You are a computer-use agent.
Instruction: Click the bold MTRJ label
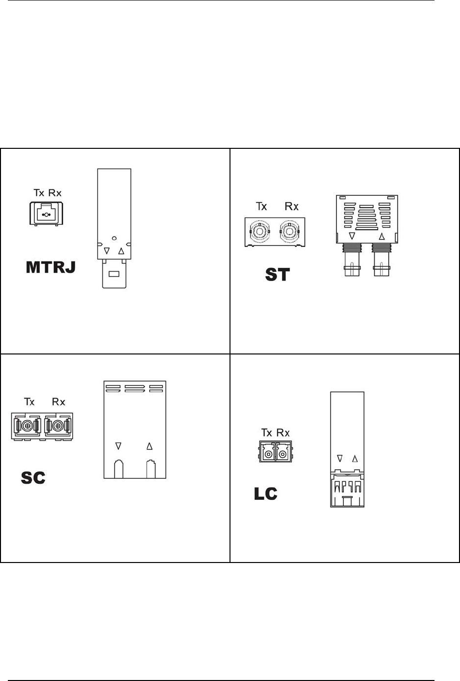[x=51, y=267]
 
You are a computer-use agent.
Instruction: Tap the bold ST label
[x=278, y=275]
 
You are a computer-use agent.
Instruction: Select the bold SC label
[x=33, y=478]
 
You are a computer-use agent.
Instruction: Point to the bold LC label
[x=266, y=494]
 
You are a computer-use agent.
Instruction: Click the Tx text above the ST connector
[x=261, y=207]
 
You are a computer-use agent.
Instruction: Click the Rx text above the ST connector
[x=291, y=207]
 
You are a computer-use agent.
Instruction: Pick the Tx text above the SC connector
[x=29, y=402]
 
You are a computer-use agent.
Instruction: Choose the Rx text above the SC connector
[x=58, y=402]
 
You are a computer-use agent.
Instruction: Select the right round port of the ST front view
[x=290, y=232]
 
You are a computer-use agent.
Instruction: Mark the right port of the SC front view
[x=57, y=425]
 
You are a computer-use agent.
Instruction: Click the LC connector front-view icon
[x=276, y=452]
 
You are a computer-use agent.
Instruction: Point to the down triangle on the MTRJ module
[x=107, y=251]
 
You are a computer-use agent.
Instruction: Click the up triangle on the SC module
[x=150, y=446]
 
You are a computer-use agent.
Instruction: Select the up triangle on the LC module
[x=355, y=459]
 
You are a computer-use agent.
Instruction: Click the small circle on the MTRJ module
[x=114, y=238]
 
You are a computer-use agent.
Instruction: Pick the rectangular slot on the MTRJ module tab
[x=114, y=274]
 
